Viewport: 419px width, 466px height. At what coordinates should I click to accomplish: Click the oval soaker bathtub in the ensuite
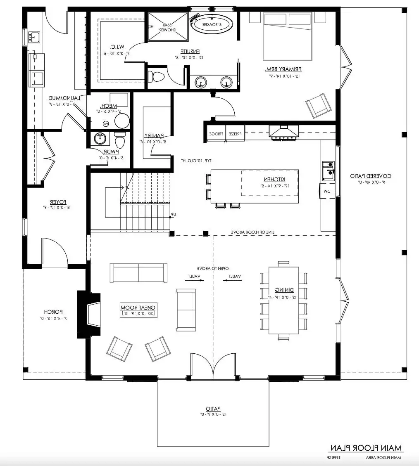(212, 24)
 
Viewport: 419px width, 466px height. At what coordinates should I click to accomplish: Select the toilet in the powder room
(120, 141)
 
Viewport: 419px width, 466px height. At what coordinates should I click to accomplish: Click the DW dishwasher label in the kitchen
(326, 191)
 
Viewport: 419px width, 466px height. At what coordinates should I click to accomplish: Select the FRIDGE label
(216, 134)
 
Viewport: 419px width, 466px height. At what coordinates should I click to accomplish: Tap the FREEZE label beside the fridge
(235, 134)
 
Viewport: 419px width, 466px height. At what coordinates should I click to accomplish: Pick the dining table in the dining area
(283, 300)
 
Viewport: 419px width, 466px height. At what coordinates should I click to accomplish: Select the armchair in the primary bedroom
(317, 105)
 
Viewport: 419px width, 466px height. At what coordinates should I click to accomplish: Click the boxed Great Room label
(138, 310)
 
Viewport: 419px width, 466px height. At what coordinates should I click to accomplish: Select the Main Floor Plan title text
(365, 448)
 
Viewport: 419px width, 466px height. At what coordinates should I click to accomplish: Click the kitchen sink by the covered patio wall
(329, 170)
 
